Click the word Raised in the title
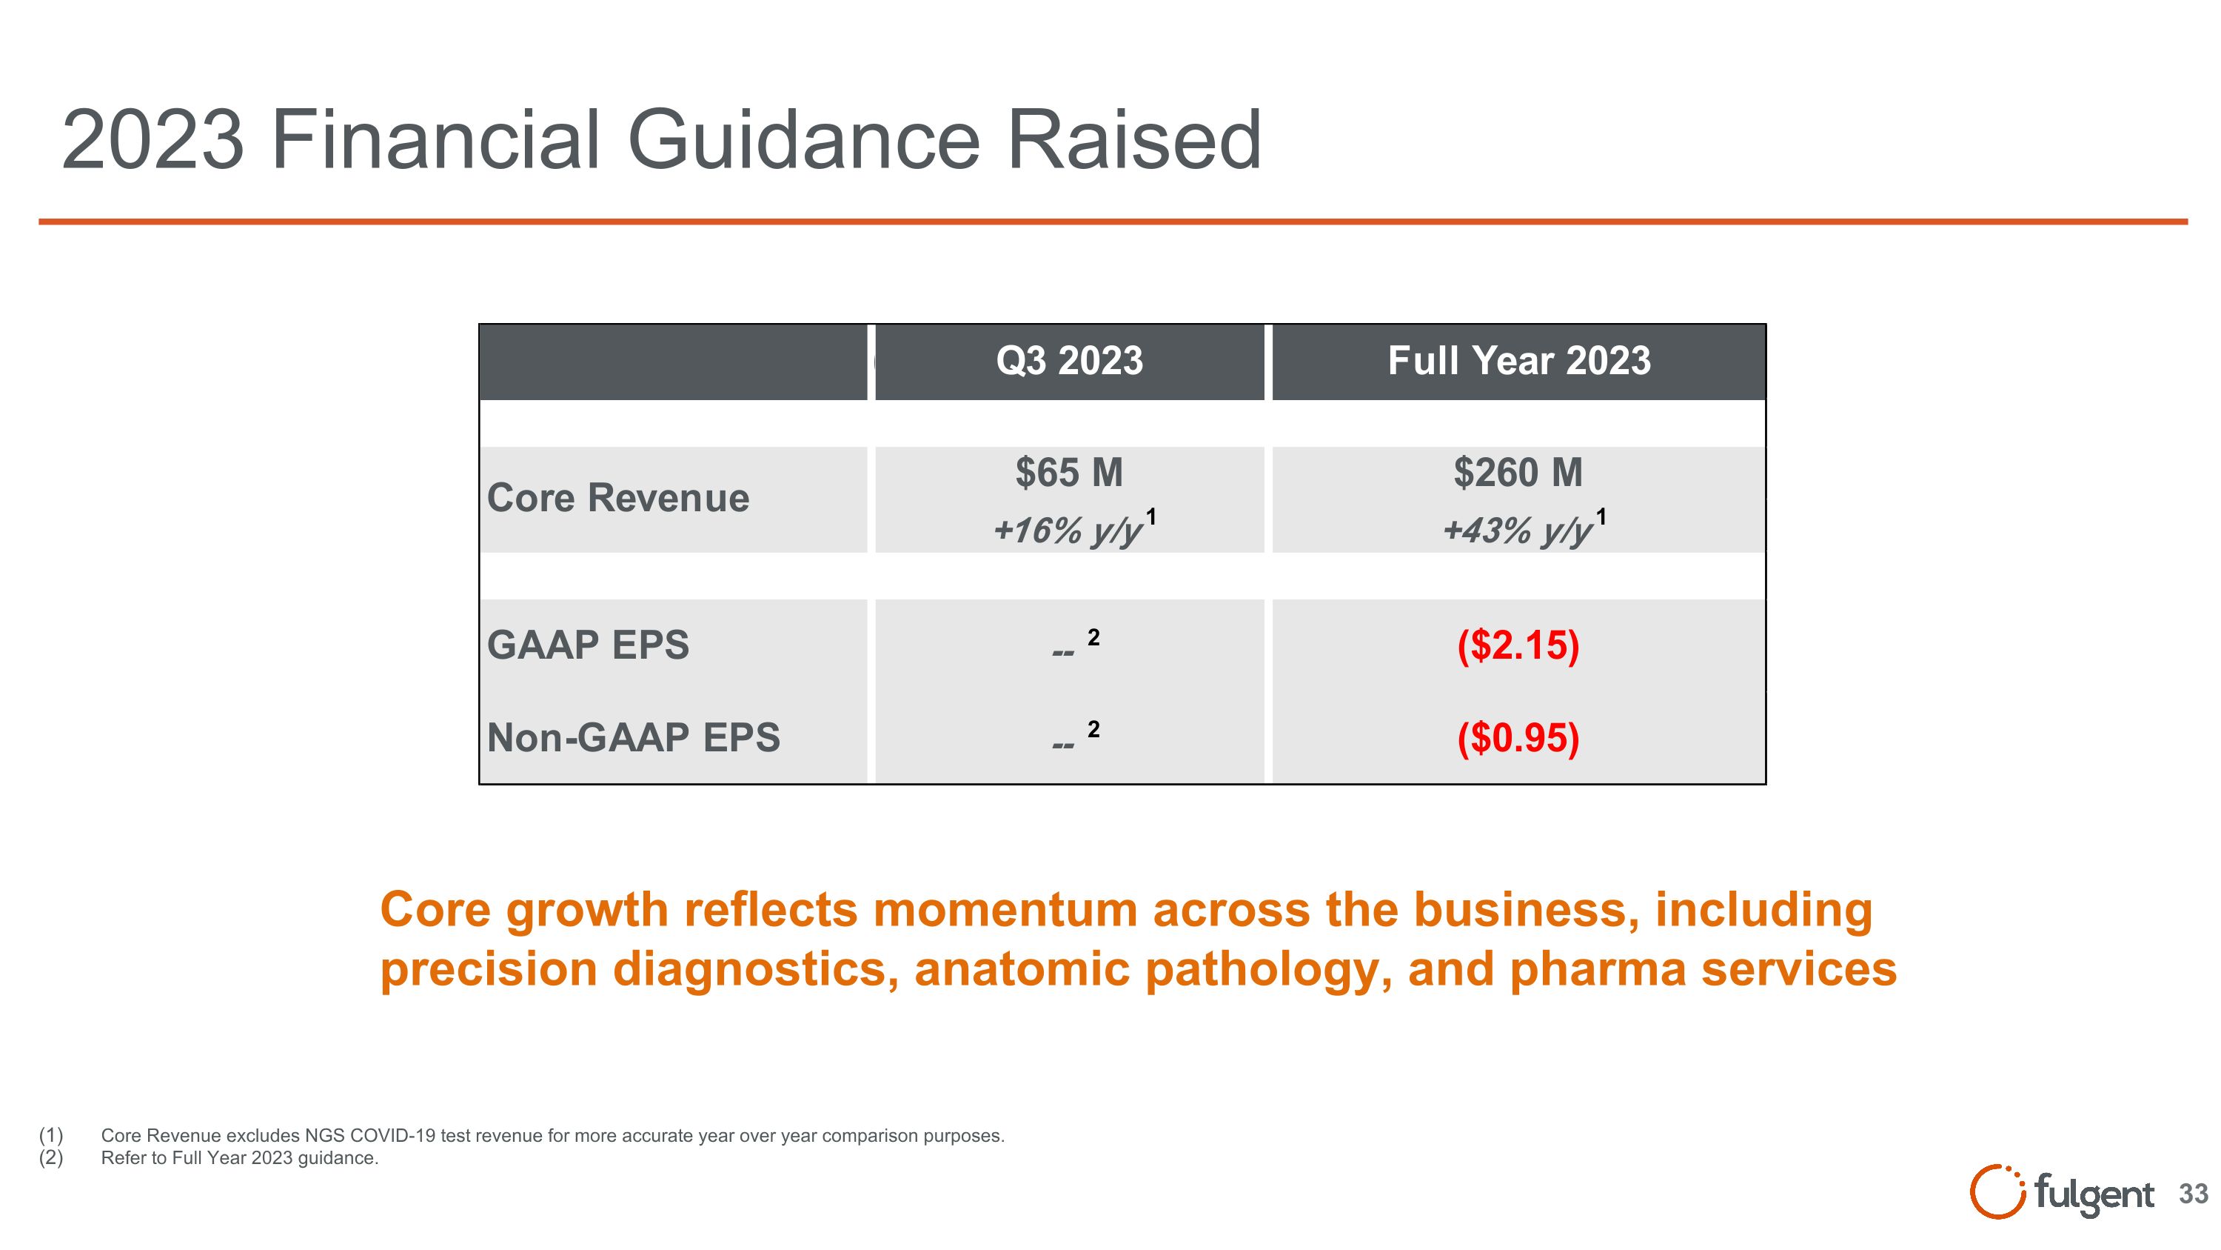click(x=1133, y=140)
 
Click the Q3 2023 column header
click(x=1069, y=361)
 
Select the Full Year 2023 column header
click(x=1518, y=361)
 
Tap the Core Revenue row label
click(x=617, y=498)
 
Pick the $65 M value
click(x=1069, y=473)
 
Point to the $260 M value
click(x=1518, y=473)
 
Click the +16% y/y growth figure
click(x=1068, y=530)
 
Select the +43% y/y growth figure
click(x=1517, y=530)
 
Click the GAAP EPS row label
click(x=588, y=645)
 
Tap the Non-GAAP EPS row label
click(x=633, y=737)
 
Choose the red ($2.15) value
click(x=1518, y=645)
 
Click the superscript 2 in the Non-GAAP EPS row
click(x=1093, y=730)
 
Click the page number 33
click(x=2193, y=1194)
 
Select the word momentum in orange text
click(x=1005, y=910)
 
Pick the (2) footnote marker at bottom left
click(x=51, y=1157)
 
